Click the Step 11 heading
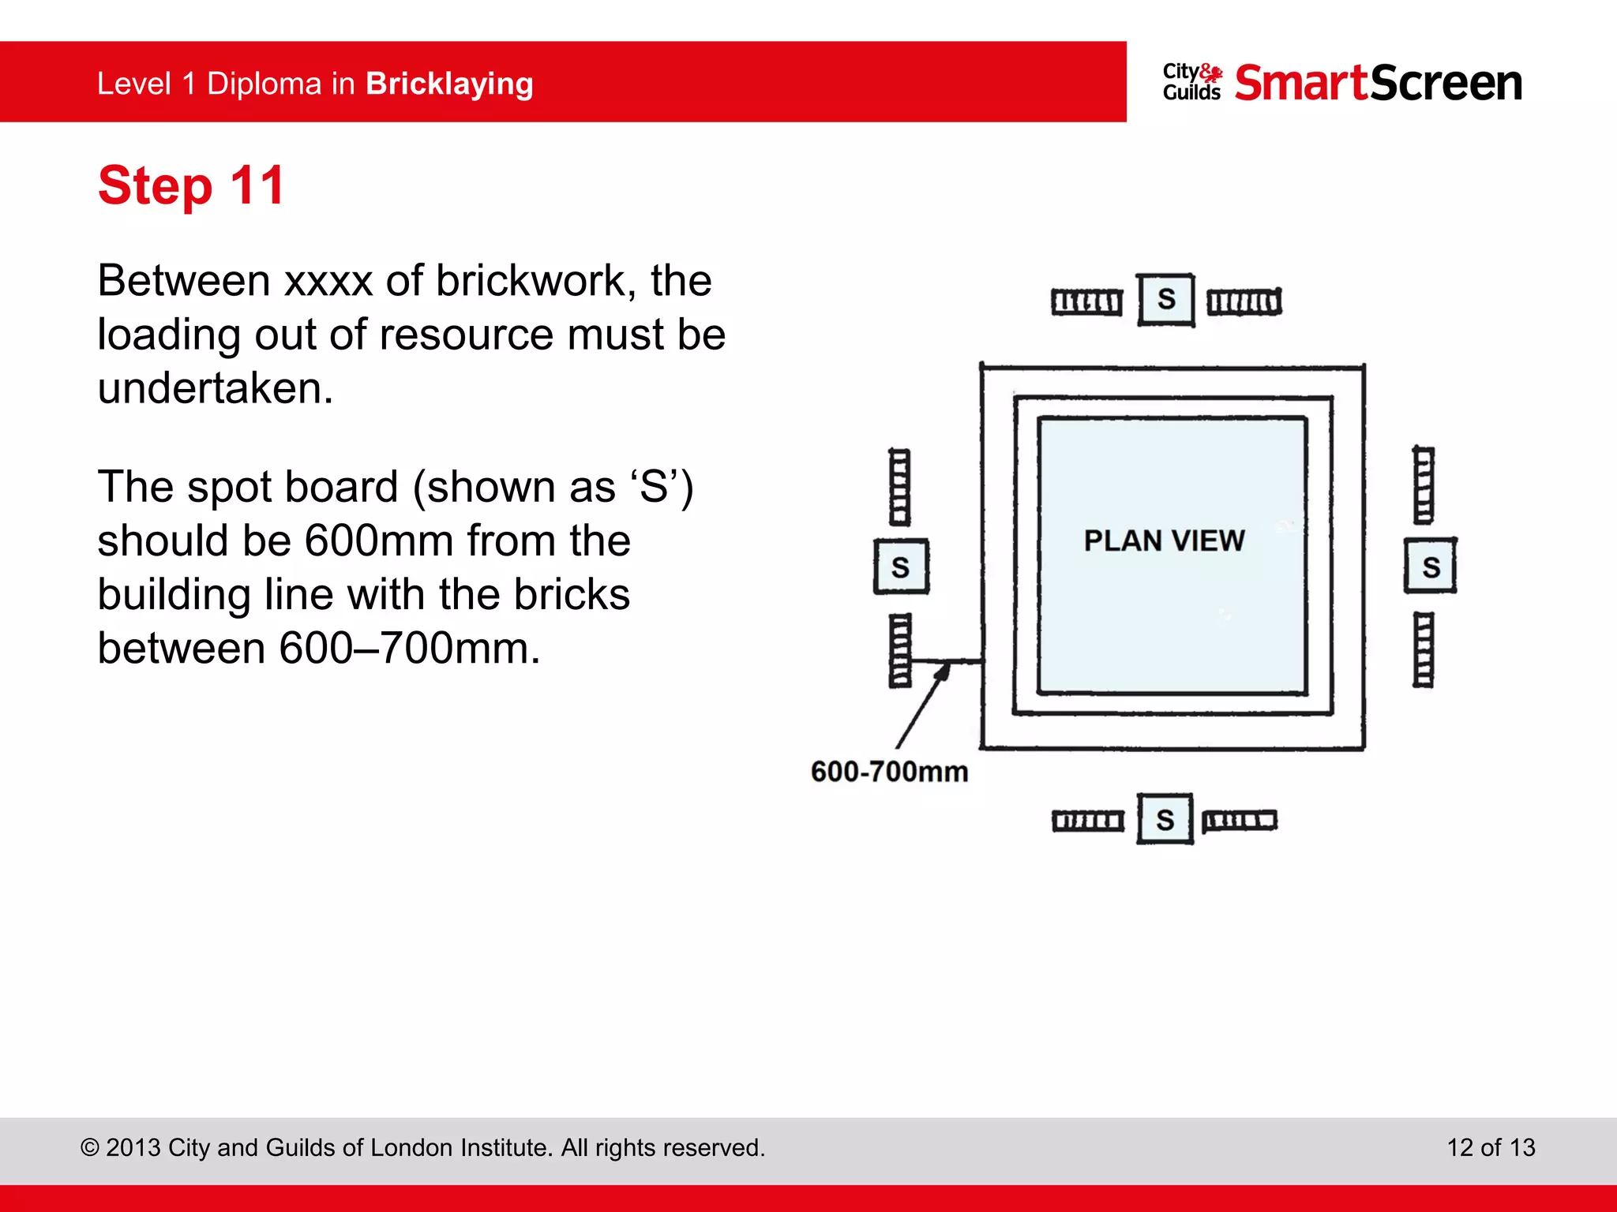click(190, 186)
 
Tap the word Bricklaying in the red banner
click(449, 84)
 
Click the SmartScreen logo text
click(1378, 83)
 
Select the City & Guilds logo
click(1192, 83)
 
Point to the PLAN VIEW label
click(1164, 541)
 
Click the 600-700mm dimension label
click(889, 771)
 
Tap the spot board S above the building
click(1166, 300)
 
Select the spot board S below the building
click(1165, 820)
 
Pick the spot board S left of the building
click(901, 567)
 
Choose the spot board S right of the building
click(1431, 566)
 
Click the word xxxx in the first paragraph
click(328, 281)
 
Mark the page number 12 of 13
click(1490, 1147)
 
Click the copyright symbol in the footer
click(90, 1148)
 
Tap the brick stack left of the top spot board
click(1086, 302)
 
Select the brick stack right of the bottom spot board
click(1239, 821)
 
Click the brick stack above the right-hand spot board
click(1423, 484)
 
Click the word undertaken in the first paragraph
click(215, 388)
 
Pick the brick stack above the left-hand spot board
click(899, 487)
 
